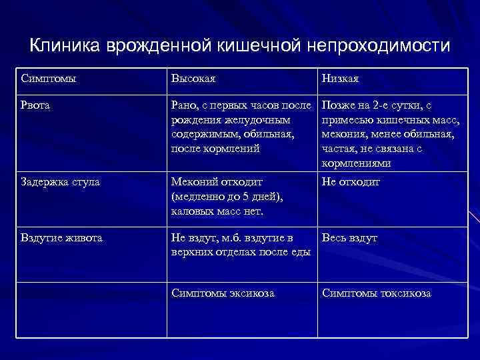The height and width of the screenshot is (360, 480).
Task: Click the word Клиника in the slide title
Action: (x=63, y=46)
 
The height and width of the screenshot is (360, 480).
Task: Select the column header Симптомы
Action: (x=48, y=79)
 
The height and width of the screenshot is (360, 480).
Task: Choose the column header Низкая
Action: (x=340, y=79)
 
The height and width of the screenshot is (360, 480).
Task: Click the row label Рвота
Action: (x=36, y=105)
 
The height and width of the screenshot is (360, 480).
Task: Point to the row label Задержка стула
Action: (x=61, y=182)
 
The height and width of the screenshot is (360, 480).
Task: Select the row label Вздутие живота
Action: (x=62, y=238)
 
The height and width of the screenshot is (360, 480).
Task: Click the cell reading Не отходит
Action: (x=352, y=182)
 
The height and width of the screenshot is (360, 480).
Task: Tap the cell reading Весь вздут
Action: (x=349, y=238)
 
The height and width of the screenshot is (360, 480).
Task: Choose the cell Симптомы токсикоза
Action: (x=377, y=293)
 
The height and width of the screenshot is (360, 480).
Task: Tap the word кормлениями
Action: (x=356, y=163)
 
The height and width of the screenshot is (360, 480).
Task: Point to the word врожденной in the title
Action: (x=159, y=46)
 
